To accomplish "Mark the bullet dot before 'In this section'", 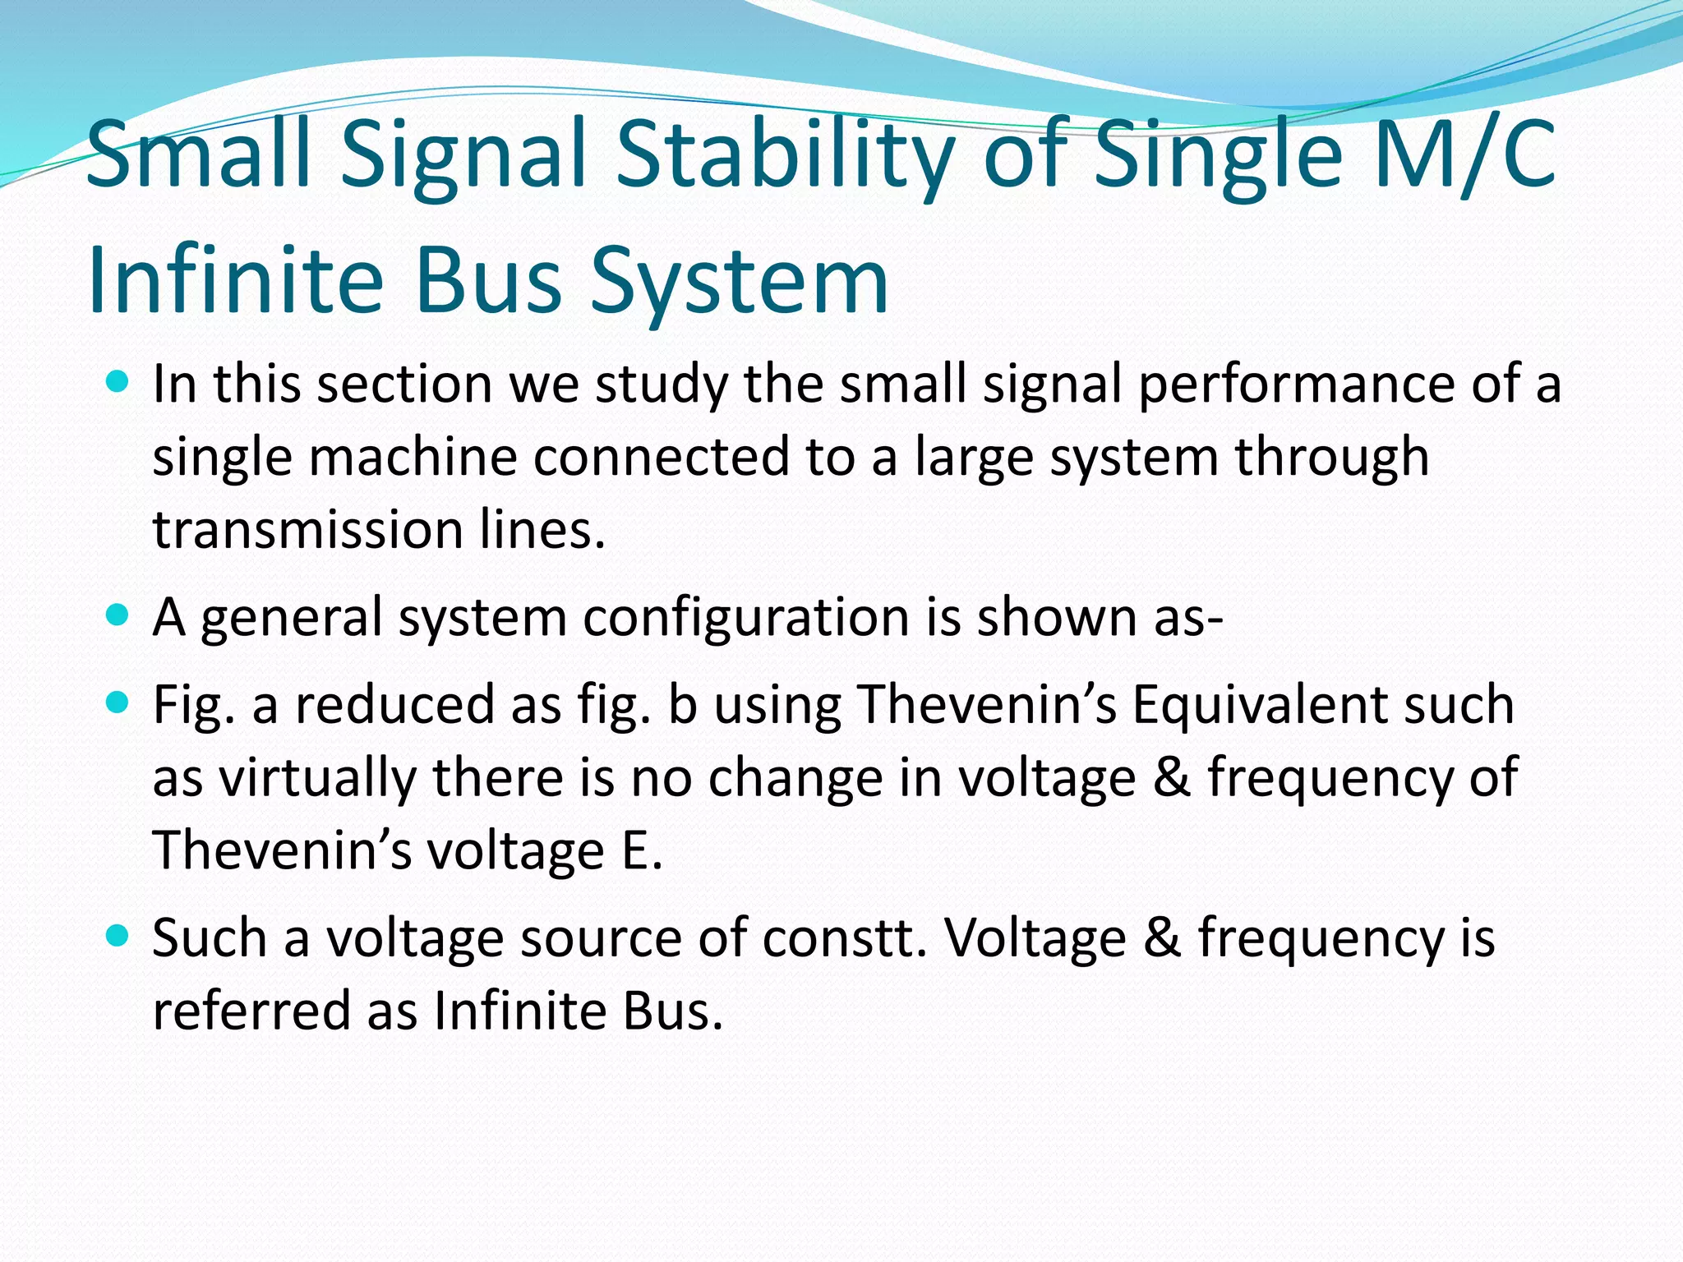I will click(x=118, y=381).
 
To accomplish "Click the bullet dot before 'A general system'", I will click(x=118, y=615).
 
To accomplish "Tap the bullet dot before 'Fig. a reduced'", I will click(x=118, y=702).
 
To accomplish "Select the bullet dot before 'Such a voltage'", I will click(x=118, y=935).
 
